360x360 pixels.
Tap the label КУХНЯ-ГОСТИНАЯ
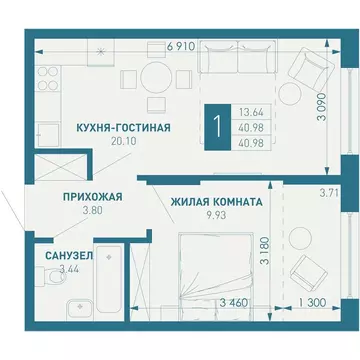tap(117, 128)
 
